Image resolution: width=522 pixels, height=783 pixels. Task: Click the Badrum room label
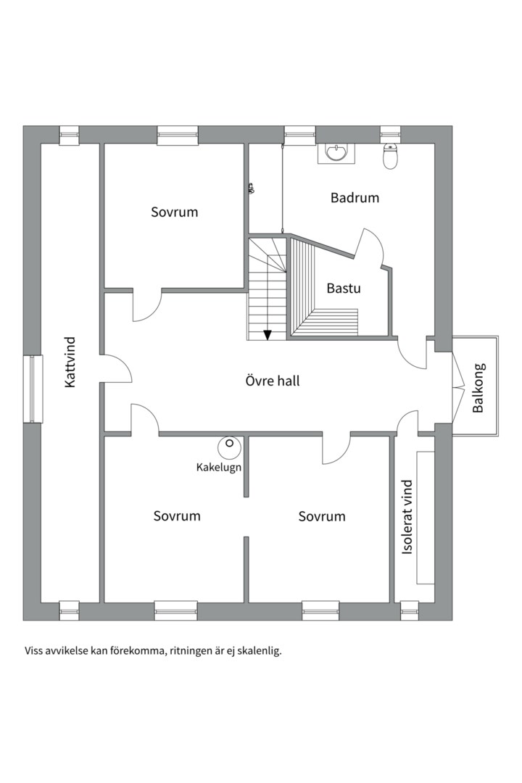(355, 197)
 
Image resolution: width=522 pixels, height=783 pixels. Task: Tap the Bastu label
(343, 288)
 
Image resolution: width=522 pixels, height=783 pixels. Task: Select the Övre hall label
(272, 381)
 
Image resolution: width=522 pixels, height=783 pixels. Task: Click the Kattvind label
(70, 362)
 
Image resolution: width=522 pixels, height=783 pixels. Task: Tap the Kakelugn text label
(218, 467)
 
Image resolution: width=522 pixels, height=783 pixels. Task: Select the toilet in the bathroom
(391, 157)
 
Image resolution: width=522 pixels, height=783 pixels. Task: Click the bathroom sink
(336, 153)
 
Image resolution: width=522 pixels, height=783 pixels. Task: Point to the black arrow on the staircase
(268, 334)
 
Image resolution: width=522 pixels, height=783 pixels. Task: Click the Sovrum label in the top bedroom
(174, 212)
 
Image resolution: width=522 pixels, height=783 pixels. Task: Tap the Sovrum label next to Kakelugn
(177, 516)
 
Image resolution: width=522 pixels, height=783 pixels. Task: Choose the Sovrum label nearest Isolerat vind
(322, 516)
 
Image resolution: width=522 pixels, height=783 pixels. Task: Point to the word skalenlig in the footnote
(257, 650)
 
